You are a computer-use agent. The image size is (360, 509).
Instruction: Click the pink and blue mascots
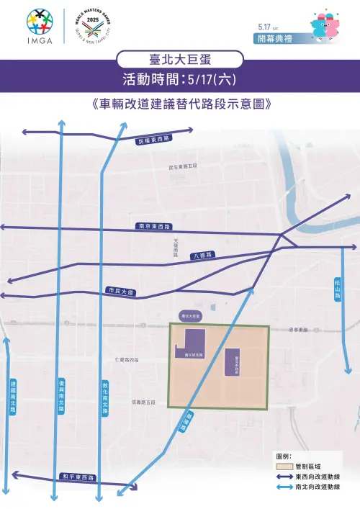click(325, 24)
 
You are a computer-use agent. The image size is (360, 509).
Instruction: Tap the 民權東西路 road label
click(153, 138)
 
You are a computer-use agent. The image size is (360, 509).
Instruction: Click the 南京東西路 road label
click(153, 227)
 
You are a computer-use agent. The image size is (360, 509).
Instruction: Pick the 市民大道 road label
click(120, 292)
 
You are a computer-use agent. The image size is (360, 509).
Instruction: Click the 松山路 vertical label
click(338, 289)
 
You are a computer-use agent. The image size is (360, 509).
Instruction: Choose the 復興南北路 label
click(62, 396)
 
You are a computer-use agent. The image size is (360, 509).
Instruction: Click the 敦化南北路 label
click(106, 399)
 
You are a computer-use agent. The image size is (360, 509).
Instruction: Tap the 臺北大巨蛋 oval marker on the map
click(192, 315)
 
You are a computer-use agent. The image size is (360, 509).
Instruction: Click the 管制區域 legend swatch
click(284, 467)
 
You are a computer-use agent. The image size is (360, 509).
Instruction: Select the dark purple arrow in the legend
click(284, 477)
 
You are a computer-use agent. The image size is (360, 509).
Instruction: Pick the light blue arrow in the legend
click(284, 487)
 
